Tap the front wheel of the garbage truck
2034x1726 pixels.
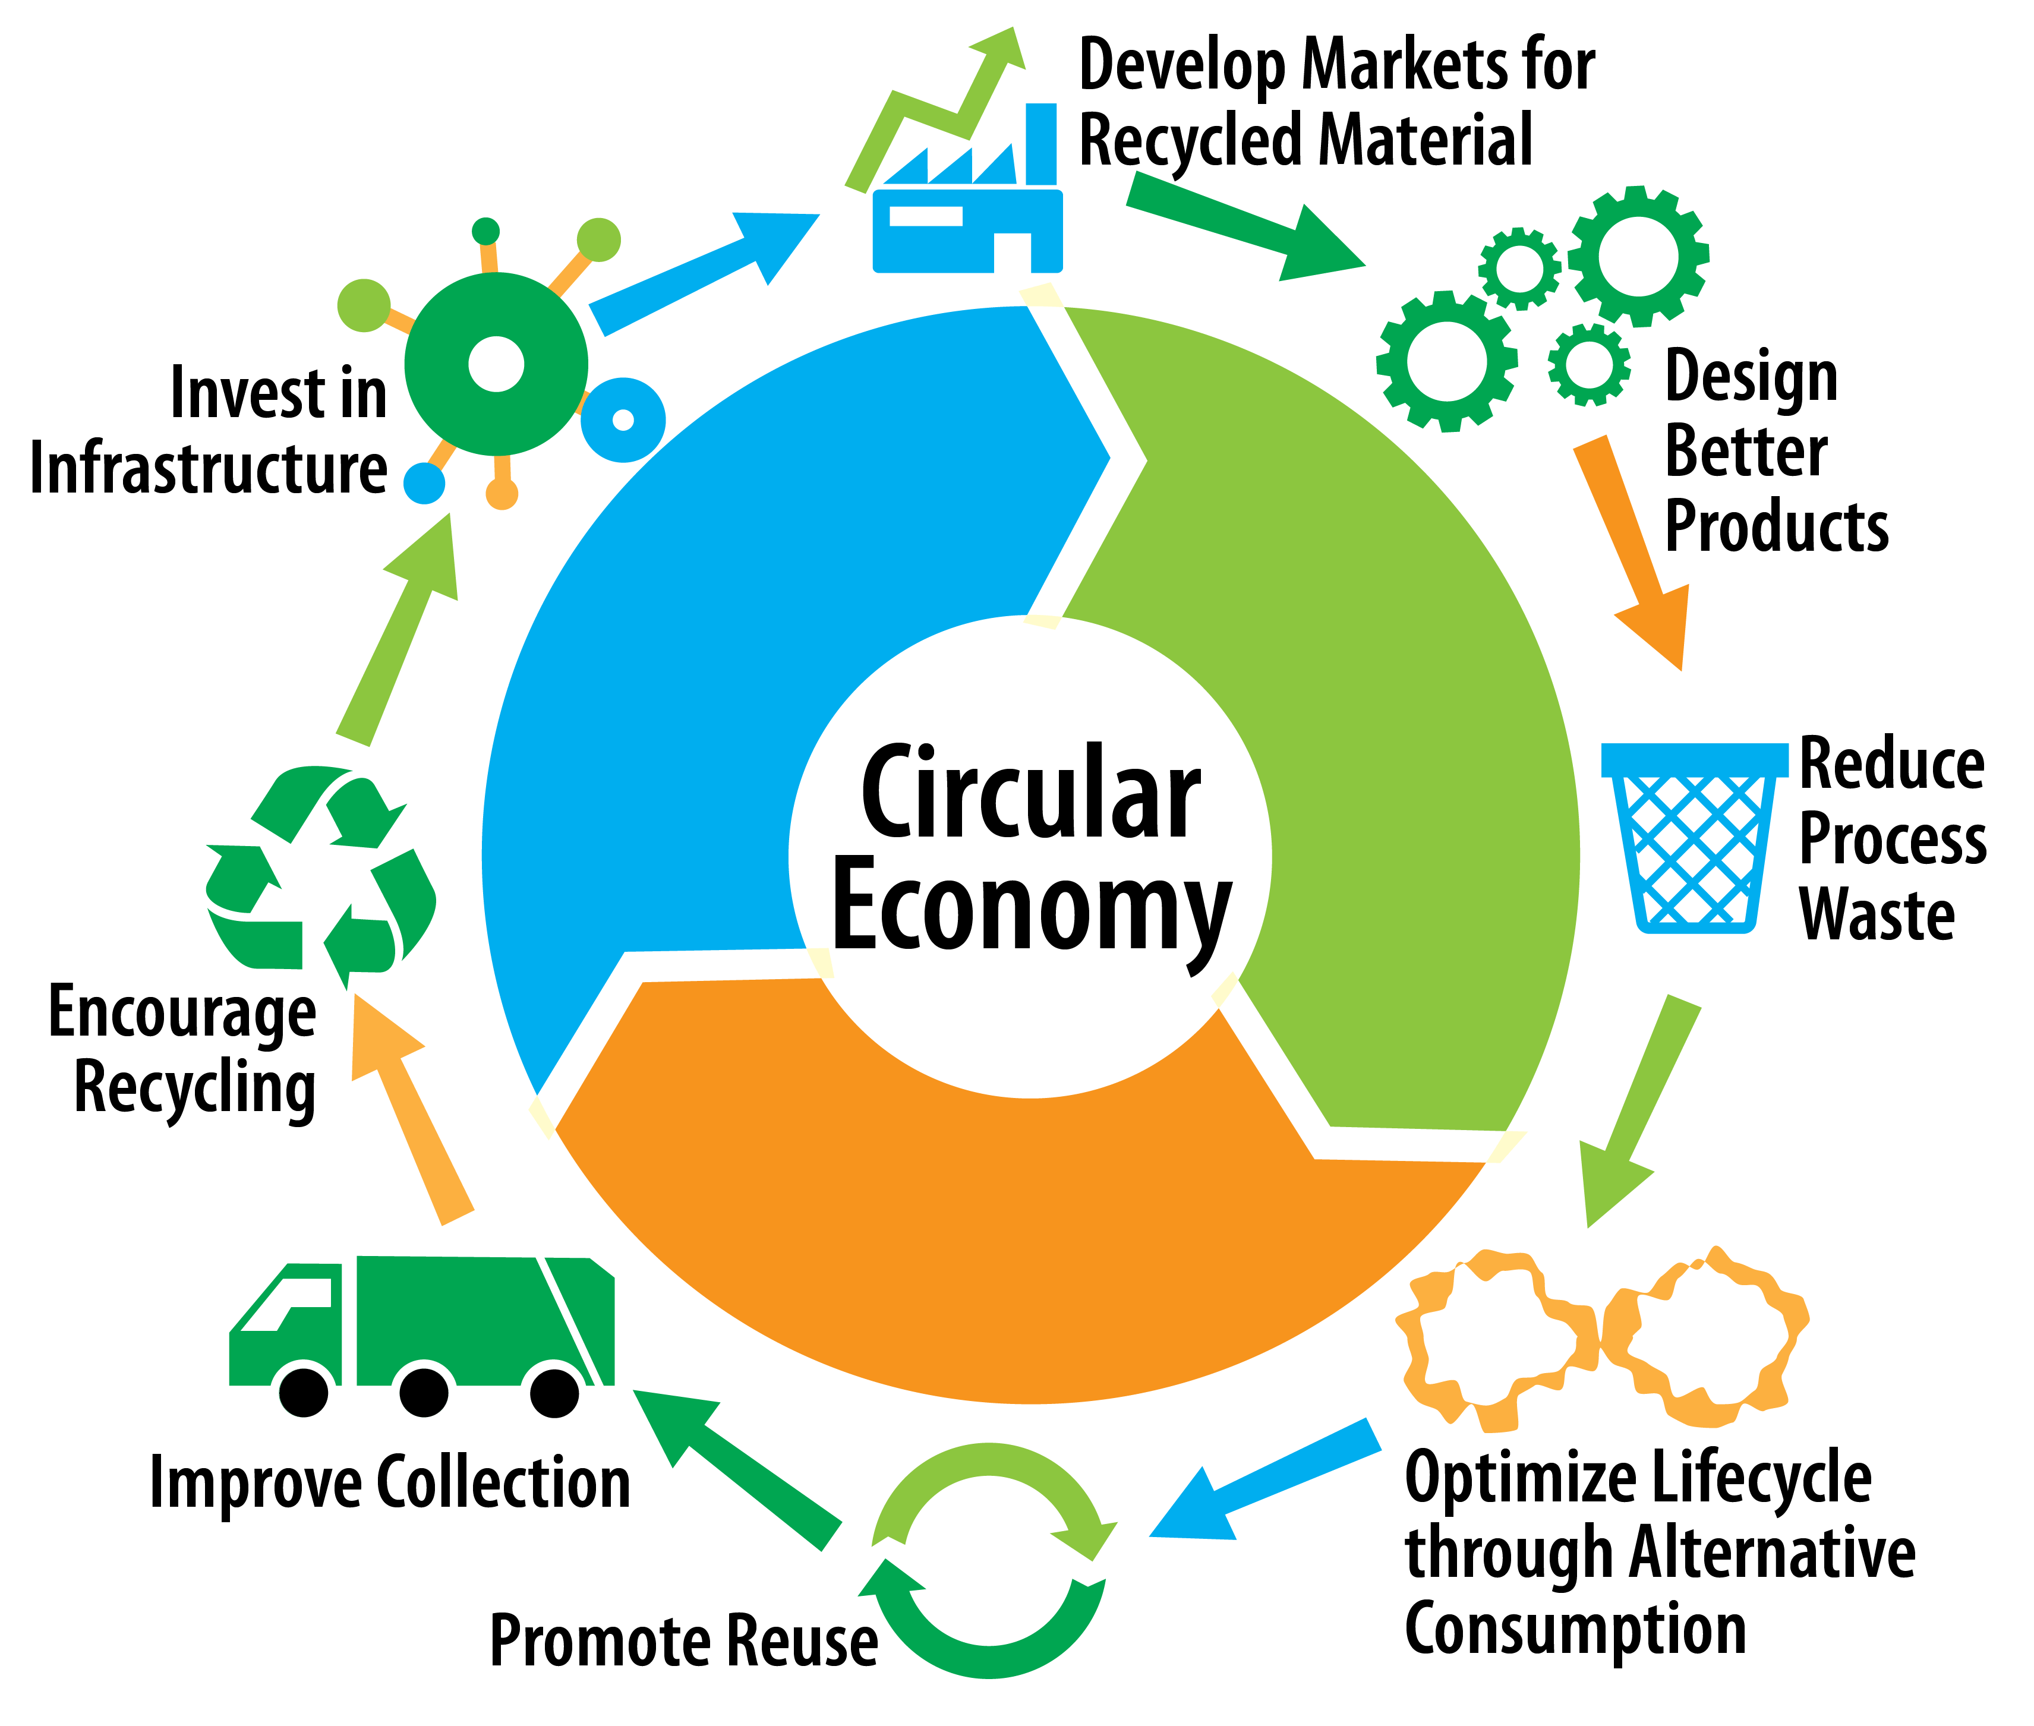[x=303, y=1391]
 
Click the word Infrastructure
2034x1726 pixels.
[x=209, y=469]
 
